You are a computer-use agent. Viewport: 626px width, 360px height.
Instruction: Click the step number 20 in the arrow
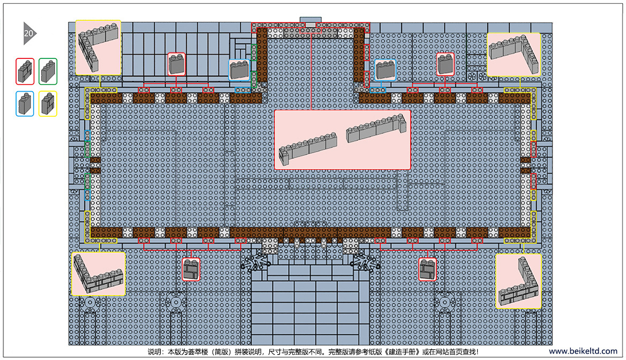(28, 34)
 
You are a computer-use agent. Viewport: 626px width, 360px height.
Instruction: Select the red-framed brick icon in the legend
(25, 71)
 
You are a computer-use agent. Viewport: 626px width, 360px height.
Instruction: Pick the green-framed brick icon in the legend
(48, 71)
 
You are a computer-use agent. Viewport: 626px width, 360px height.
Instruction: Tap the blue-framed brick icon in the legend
(25, 104)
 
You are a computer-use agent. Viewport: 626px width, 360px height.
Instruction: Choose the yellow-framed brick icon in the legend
(48, 104)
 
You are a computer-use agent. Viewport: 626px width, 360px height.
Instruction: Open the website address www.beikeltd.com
(583, 351)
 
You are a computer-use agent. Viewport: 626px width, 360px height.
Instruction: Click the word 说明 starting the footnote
(154, 352)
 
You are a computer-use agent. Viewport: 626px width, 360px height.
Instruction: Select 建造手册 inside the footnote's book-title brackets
(403, 352)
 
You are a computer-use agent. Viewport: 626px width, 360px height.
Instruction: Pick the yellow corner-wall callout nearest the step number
(98, 48)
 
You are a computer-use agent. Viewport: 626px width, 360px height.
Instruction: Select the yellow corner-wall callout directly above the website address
(518, 281)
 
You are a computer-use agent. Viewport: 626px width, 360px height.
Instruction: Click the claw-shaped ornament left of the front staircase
(255, 262)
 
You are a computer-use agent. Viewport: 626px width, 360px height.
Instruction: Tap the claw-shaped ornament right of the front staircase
(365, 262)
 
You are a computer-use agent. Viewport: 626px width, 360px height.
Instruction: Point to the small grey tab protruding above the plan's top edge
(311, 20)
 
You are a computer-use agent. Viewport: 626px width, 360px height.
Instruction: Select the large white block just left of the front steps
(270, 245)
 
